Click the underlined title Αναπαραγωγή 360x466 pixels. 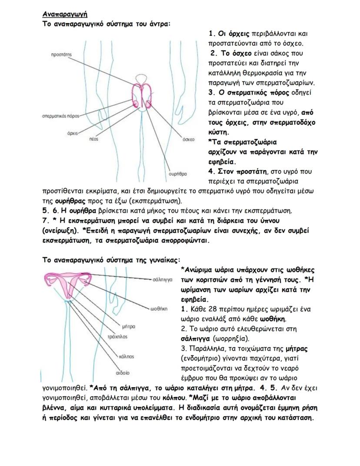point(62,14)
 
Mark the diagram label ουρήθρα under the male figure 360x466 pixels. point(177,173)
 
